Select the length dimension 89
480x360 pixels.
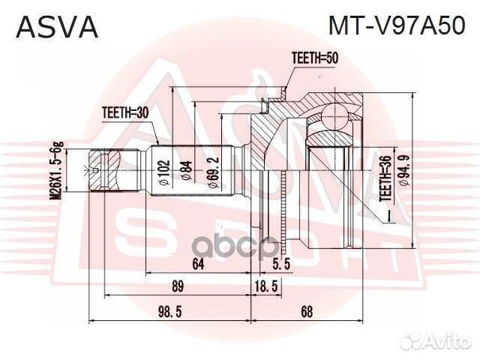(x=178, y=286)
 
